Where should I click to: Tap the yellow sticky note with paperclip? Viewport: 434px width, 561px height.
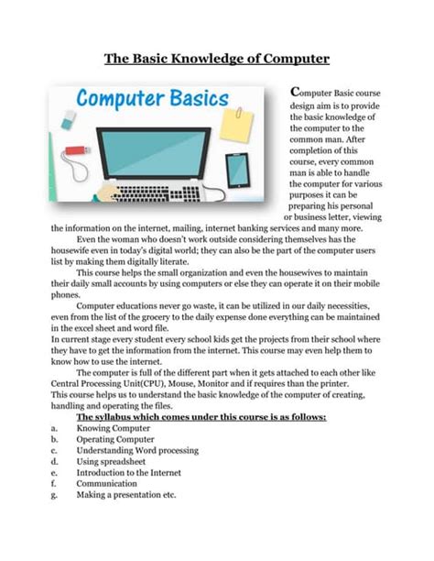234,125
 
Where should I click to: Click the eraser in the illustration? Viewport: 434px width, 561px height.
70,120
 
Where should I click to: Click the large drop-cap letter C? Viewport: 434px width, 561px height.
293,92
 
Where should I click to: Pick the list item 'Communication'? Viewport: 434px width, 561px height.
106,483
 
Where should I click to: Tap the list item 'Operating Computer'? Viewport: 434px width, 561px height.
115,439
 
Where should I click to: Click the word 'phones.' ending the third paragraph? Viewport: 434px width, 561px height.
66,295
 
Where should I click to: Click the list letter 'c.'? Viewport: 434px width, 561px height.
56,450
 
